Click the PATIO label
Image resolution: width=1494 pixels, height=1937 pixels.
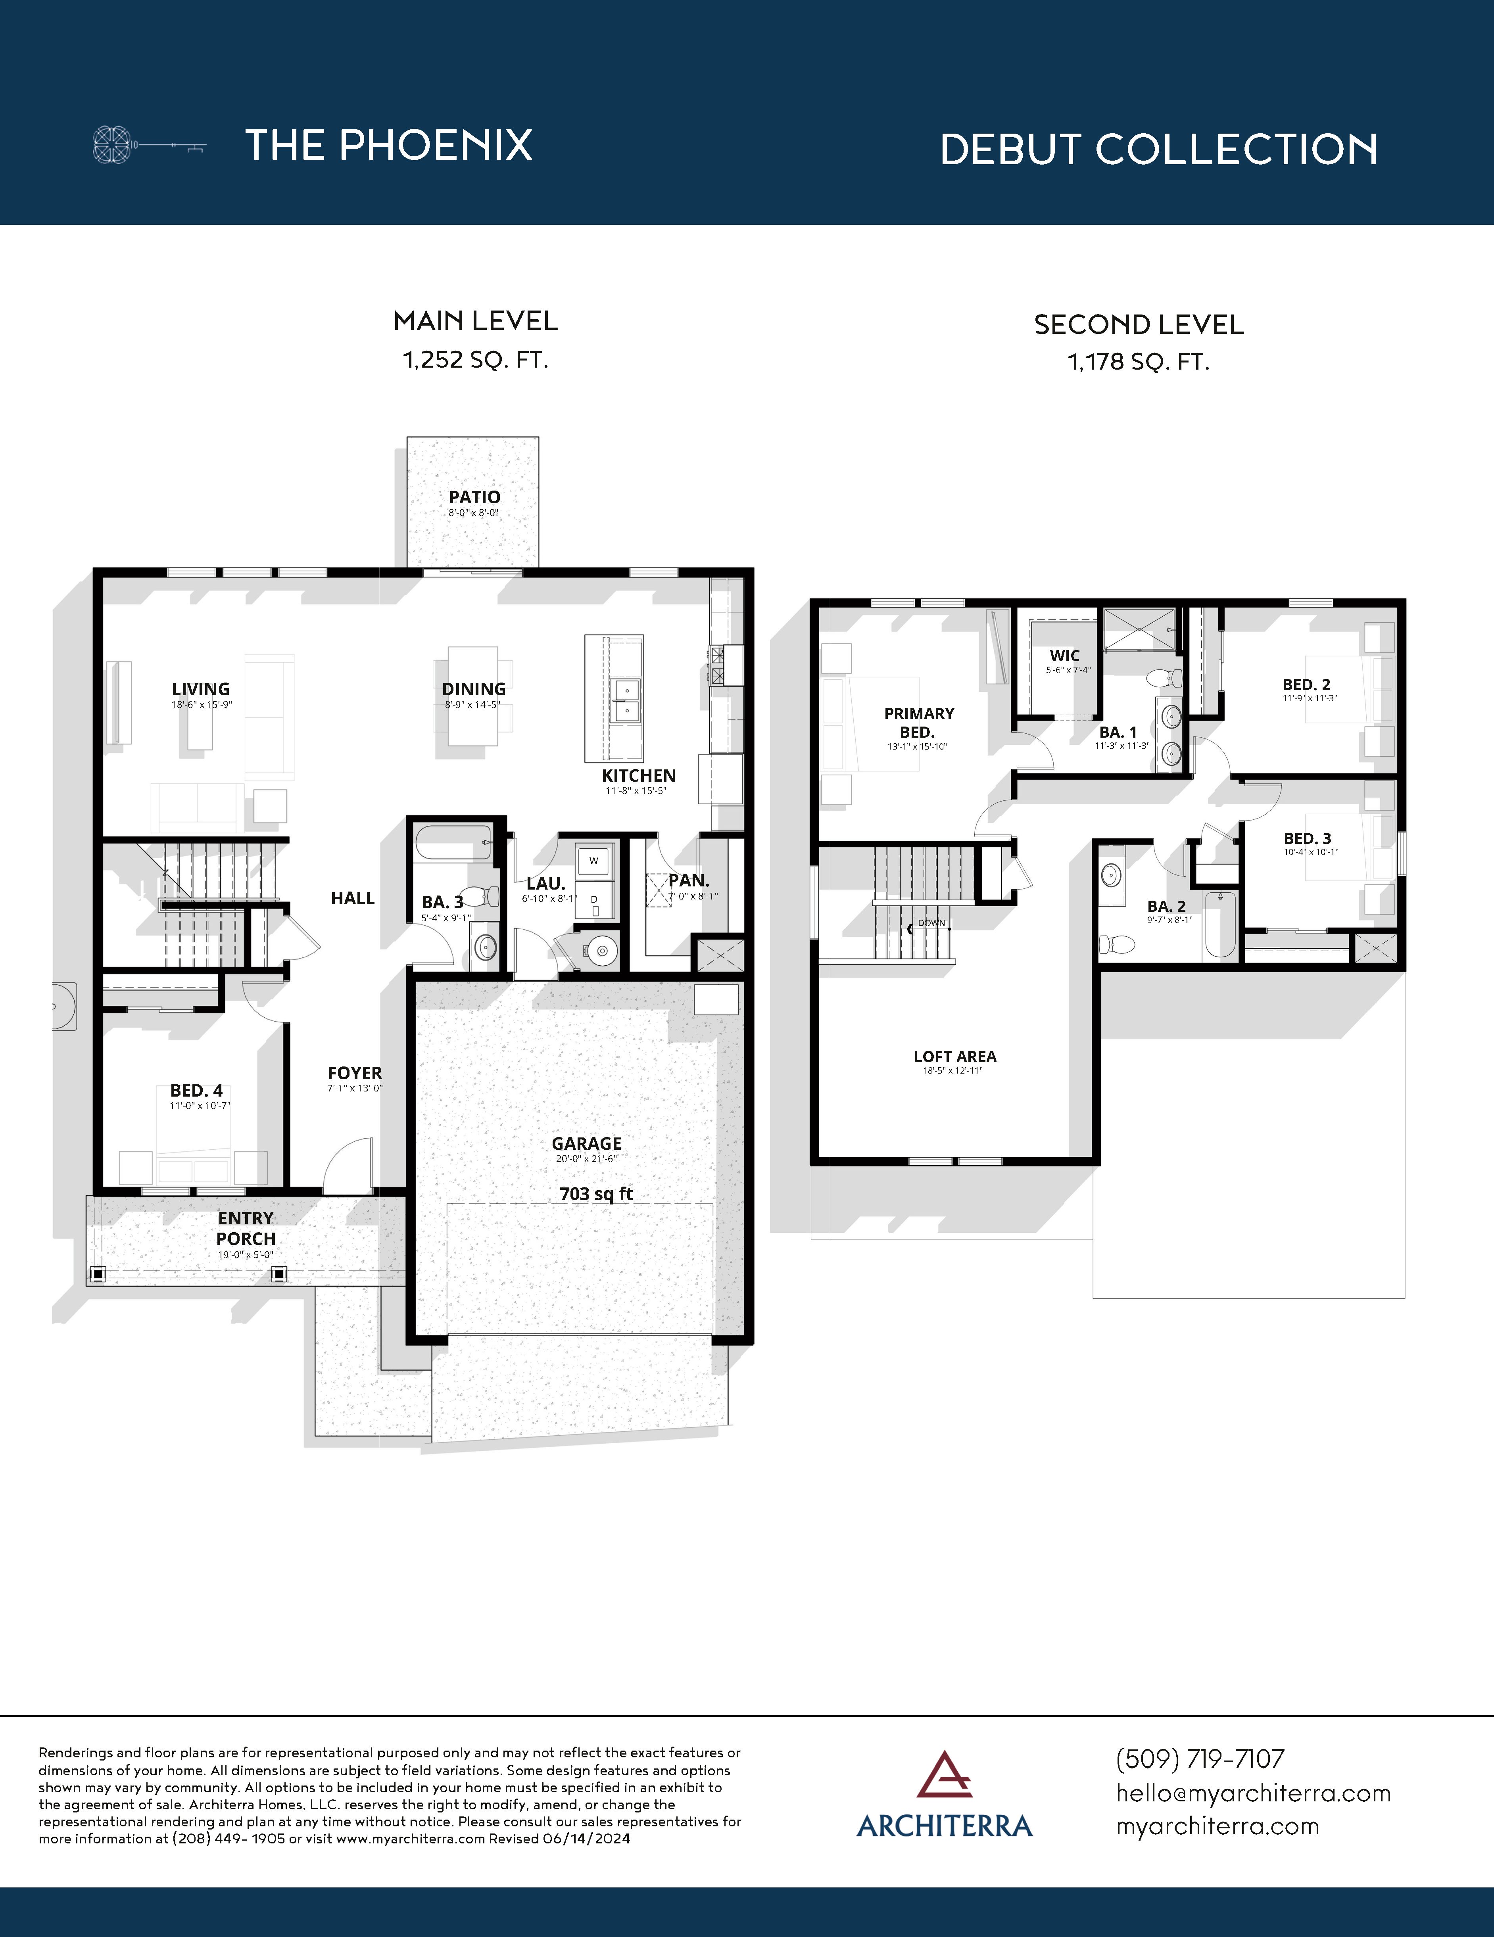[474, 498]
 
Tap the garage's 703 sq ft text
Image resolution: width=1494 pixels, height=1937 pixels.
[596, 1194]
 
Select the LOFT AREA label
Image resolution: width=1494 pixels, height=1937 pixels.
[954, 1056]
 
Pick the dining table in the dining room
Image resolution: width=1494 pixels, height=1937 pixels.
[473, 696]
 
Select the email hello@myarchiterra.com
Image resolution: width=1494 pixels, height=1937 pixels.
[1253, 1792]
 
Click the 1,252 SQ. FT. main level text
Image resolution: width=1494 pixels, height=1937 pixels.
[476, 360]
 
